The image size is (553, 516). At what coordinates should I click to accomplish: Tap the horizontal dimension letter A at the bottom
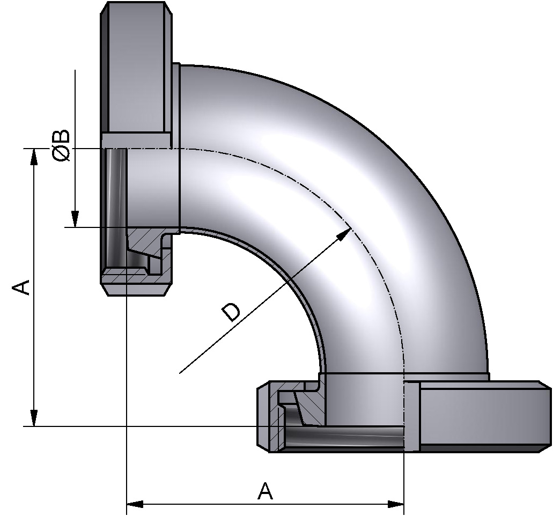coord(265,491)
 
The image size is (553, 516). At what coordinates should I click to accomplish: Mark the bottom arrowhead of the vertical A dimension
coord(34,418)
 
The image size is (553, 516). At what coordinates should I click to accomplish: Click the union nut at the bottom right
coord(483,413)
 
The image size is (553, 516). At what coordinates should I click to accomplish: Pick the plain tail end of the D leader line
coord(180,372)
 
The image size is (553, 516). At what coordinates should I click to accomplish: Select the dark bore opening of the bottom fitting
coord(343,437)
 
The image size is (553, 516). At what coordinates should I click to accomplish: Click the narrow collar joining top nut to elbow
coord(176,107)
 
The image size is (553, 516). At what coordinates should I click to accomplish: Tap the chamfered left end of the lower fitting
coord(263,416)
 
